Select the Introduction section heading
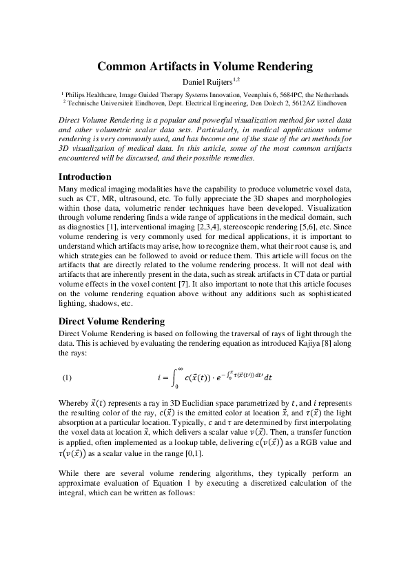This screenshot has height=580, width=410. (x=85, y=177)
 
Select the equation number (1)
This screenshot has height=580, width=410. (x=68, y=377)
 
